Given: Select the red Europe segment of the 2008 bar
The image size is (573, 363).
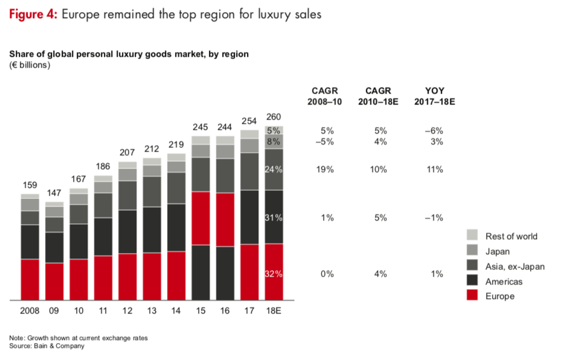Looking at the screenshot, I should click(x=30, y=279).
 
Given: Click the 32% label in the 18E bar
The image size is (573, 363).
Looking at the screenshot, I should click(x=274, y=274).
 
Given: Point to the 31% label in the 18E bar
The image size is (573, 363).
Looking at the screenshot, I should click(x=274, y=217).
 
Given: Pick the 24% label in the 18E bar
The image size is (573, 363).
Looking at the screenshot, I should click(x=274, y=170).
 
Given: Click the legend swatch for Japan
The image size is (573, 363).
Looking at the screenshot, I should click(x=473, y=251).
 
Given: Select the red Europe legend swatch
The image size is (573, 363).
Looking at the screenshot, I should click(x=473, y=296).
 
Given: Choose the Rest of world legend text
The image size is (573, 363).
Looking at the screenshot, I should click(x=511, y=236).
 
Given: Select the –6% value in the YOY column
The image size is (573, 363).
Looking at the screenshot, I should click(x=435, y=130).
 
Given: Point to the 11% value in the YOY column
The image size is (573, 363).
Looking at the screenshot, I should click(x=435, y=170).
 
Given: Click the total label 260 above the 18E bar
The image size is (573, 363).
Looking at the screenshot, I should click(x=274, y=117).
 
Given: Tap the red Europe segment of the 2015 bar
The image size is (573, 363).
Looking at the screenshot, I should click(x=200, y=218).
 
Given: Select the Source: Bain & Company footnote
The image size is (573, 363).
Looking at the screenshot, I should click(x=46, y=346).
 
